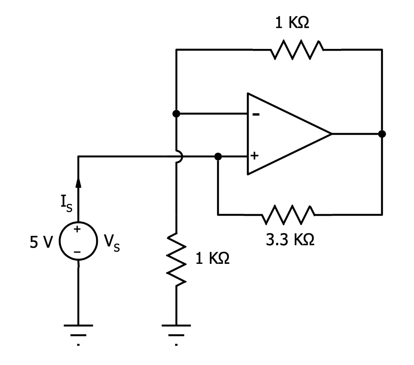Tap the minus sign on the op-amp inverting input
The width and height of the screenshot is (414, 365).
pos(256,114)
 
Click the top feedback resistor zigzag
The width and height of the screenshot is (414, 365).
pos(297,50)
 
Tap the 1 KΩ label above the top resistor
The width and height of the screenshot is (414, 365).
pos(292,23)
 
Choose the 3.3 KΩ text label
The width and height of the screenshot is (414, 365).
pos(290,240)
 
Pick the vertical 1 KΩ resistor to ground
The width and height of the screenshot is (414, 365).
pos(176,259)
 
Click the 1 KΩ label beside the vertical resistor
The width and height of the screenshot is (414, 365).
pos(213,259)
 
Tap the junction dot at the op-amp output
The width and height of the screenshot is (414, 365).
pos(382,134)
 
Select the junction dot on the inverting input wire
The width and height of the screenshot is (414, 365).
pos(176,114)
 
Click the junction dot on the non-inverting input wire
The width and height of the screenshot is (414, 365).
pos(218,156)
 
